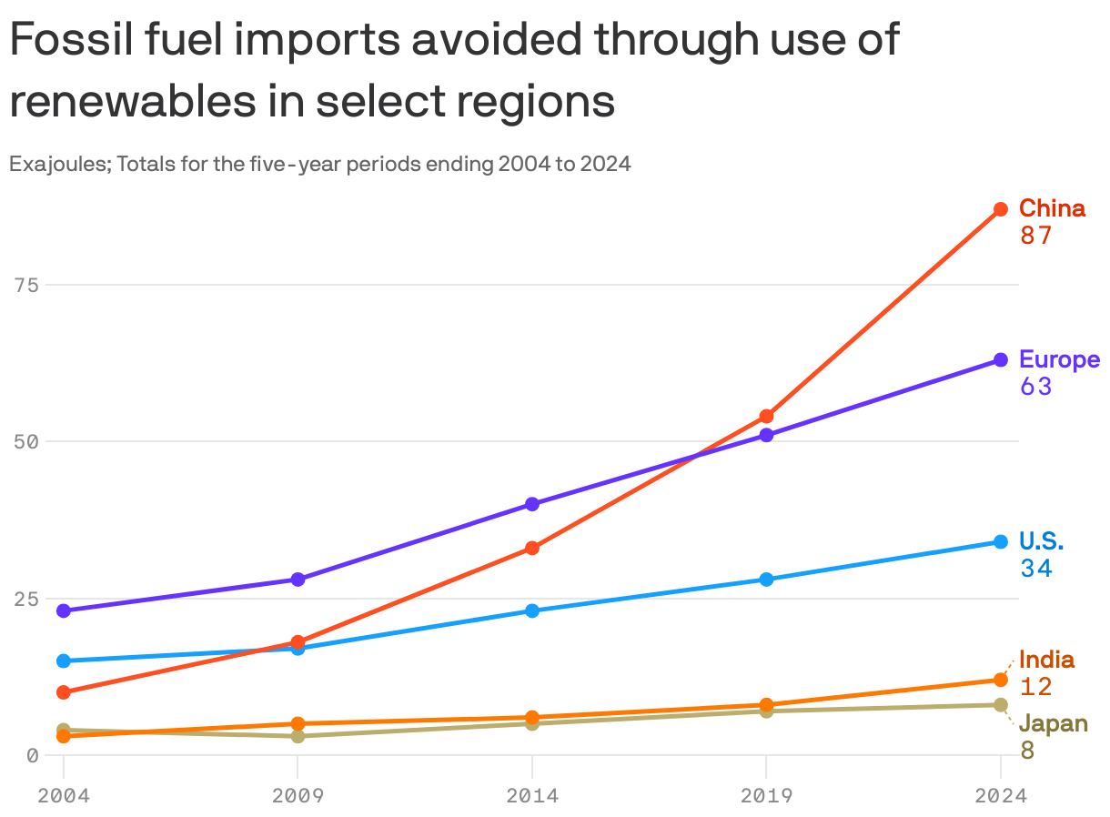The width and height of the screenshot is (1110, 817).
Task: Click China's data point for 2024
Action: pos(1000,209)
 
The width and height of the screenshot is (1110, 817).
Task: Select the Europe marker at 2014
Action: pos(532,504)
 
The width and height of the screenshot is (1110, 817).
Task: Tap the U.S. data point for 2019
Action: pos(766,580)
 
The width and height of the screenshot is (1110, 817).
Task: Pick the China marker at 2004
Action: pos(64,692)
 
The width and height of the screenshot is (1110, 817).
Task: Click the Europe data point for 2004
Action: pos(64,610)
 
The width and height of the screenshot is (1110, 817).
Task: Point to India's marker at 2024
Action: pos(1000,680)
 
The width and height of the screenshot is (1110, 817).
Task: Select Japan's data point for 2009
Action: pos(298,736)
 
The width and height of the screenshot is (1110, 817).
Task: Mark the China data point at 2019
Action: pos(766,417)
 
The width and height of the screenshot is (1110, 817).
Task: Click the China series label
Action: pos(1052,208)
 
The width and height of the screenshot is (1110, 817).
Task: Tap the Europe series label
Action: pos(1059,359)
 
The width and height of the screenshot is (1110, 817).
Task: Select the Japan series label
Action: pos(1053,723)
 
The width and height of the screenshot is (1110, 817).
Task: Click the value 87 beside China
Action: pos(1035,237)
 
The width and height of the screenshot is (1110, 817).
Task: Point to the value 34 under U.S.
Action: pos(1035,569)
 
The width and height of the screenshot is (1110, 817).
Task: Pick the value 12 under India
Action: pos(1035,687)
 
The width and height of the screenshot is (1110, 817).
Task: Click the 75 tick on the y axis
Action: pos(27,285)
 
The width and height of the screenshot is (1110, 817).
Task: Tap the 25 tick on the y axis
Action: pos(27,599)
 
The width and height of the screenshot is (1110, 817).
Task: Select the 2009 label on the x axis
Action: pos(298,796)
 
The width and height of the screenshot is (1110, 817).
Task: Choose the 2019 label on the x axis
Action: pos(766,796)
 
